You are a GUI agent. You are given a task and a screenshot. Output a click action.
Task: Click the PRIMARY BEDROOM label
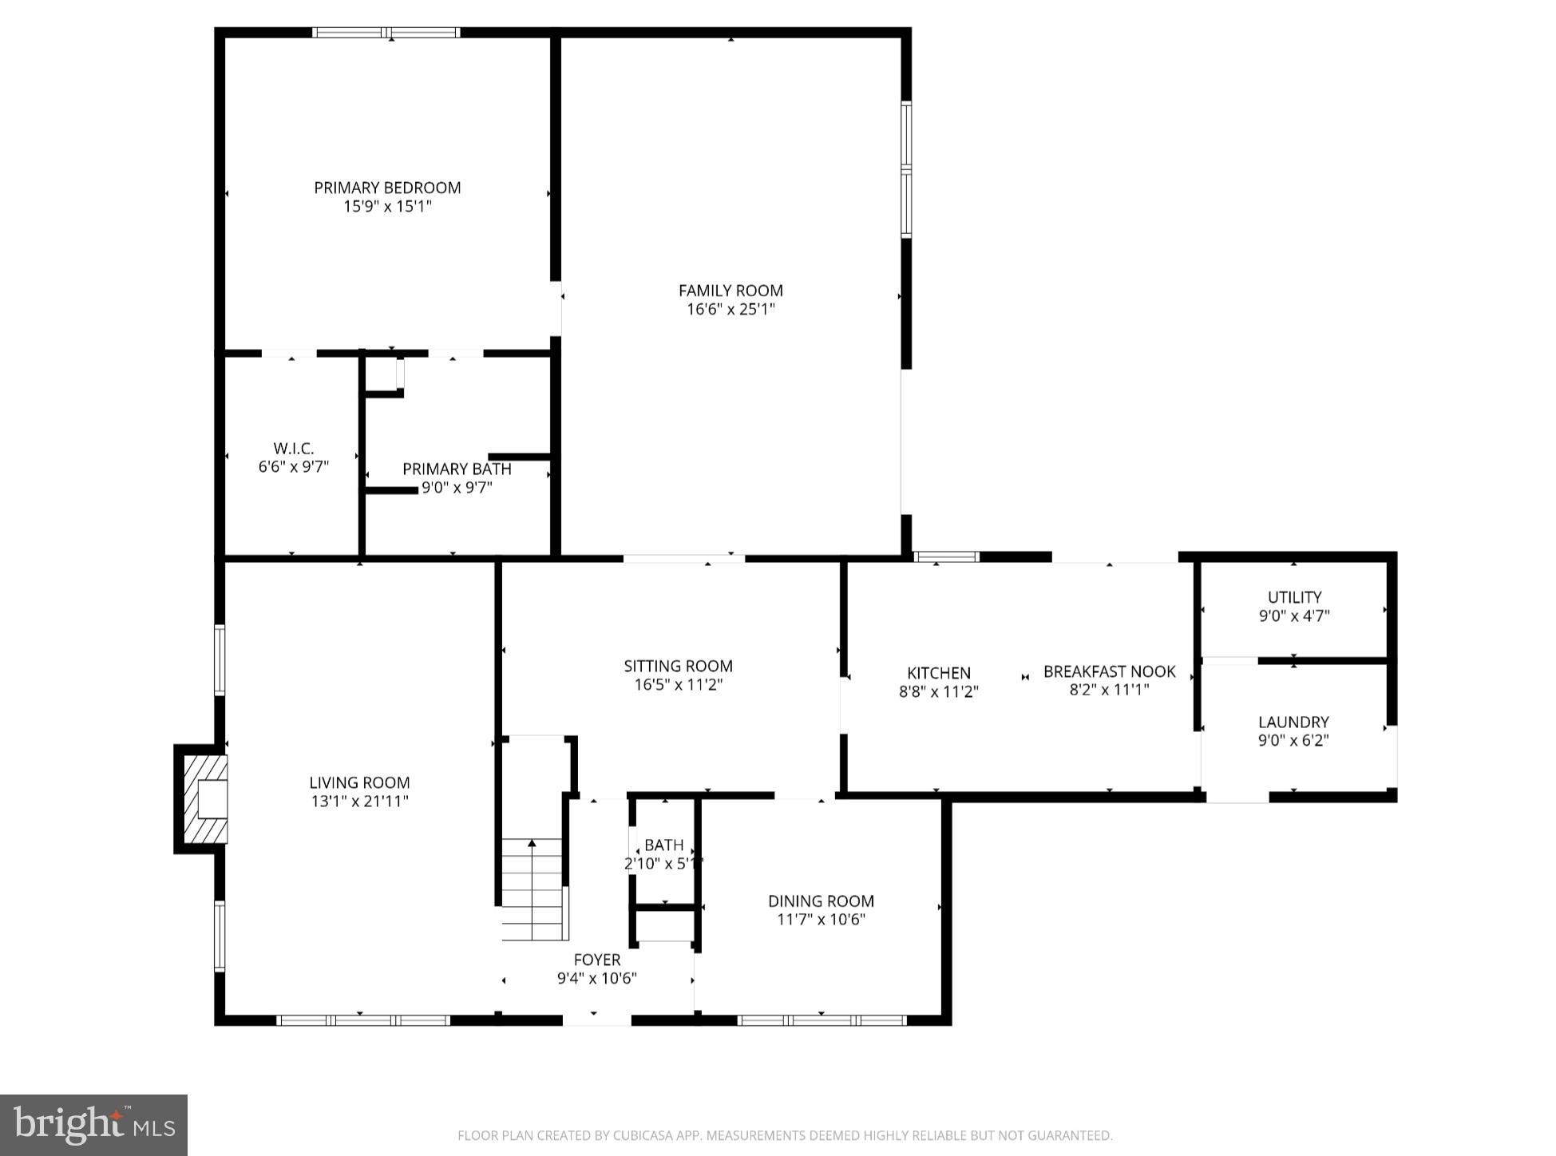click(x=387, y=188)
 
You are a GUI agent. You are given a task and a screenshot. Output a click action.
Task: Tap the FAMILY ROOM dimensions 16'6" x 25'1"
click(x=730, y=309)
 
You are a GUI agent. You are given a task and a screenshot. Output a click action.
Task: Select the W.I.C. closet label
click(x=293, y=449)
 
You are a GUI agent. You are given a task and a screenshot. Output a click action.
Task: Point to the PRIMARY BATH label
click(x=457, y=469)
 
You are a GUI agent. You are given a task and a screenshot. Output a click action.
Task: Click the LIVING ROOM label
click(x=359, y=782)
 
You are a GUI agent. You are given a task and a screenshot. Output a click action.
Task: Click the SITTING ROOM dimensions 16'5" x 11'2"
click(x=678, y=684)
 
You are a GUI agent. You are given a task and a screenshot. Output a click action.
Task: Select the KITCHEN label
click(x=939, y=673)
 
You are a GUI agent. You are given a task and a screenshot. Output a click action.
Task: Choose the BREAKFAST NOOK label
click(x=1109, y=671)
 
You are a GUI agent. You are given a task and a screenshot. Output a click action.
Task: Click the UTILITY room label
click(x=1294, y=597)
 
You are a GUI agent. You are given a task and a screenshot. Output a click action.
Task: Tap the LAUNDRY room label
click(x=1293, y=722)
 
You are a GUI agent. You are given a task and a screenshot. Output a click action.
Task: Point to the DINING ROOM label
click(x=821, y=901)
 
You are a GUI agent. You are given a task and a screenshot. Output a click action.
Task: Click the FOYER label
click(x=596, y=960)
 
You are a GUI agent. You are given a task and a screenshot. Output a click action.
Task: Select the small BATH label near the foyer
click(x=663, y=845)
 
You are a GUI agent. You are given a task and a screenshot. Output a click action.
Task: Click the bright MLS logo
click(x=94, y=1125)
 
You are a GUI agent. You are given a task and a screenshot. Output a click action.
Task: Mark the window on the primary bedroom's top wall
click(x=386, y=33)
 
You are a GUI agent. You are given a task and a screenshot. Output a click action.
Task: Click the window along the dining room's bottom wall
click(x=822, y=1019)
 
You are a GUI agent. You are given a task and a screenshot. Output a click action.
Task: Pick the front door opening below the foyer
click(x=596, y=1019)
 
